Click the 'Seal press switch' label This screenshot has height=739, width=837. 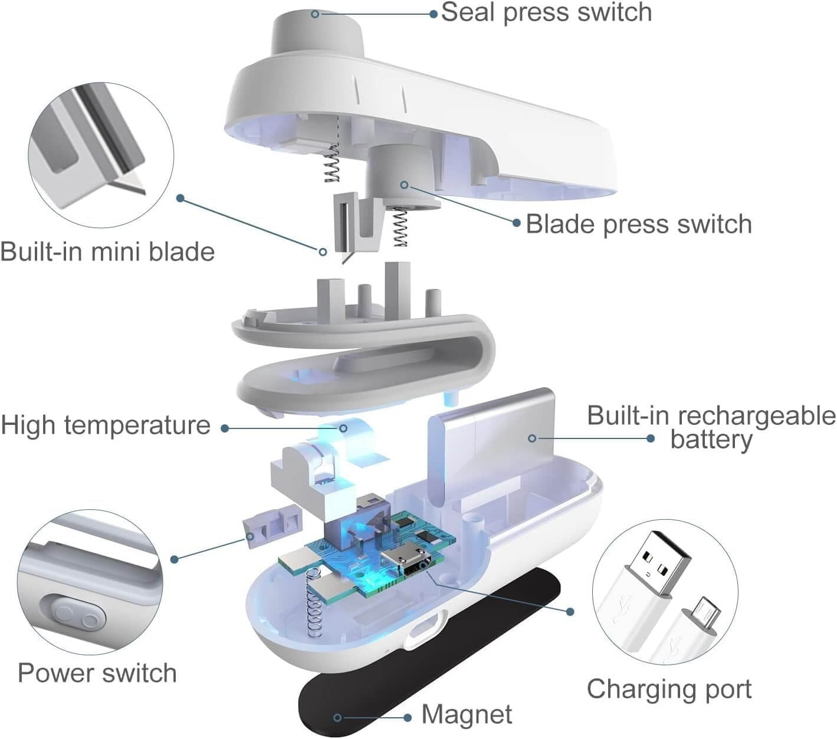tap(546, 12)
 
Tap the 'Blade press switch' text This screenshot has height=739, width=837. tap(639, 225)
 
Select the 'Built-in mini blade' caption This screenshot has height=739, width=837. tap(107, 252)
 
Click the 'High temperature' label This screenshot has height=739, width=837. tap(106, 425)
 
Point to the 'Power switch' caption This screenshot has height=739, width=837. tap(97, 673)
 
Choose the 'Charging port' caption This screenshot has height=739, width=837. tap(669, 689)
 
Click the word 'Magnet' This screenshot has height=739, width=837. tap(467, 715)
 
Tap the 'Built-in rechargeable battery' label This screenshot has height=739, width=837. tap(711, 427)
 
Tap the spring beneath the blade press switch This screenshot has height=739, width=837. tap(401, 230)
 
